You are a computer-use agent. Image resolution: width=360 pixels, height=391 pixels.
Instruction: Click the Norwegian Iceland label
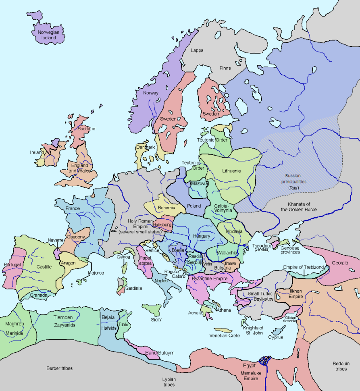coord(48,35)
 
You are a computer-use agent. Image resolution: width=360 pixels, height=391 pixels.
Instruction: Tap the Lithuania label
coord(231,171)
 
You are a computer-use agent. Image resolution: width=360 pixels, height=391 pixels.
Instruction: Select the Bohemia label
coord(166,208)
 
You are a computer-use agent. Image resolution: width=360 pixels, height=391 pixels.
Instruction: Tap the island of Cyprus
coord(278,331)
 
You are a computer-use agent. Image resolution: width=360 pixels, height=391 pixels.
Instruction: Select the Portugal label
coord(12,264)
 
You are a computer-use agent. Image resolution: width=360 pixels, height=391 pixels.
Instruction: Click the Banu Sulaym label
coord(160,353)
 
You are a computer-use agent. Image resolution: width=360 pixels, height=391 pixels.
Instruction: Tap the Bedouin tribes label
coord(341,366)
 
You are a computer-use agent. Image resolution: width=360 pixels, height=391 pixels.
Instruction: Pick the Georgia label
coord(340,263)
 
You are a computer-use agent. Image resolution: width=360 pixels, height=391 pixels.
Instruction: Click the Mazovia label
coord(200,184)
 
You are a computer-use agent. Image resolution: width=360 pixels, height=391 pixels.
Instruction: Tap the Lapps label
coord(197,50)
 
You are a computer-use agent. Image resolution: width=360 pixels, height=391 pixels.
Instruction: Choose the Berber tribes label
coord(59,368)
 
